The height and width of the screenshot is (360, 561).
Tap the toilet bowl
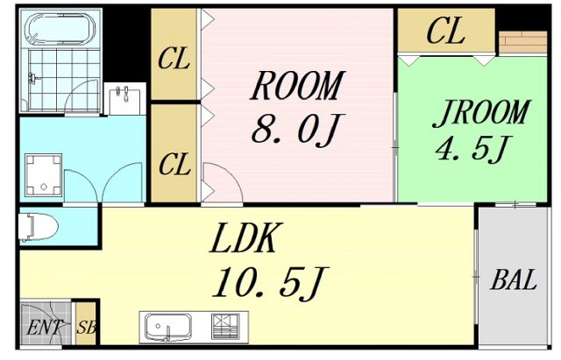tap(38, 226)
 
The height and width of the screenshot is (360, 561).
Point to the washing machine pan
tap(42, 173)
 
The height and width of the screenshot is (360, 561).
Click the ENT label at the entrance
tap(43, 329)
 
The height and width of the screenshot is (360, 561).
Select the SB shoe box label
tap(86, 329)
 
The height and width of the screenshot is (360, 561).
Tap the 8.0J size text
tap(294, 131)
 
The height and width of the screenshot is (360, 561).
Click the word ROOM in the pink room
tap(295, 87)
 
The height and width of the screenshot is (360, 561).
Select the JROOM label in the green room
tap(484, 113)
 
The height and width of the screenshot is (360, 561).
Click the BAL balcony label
tap(513, 281)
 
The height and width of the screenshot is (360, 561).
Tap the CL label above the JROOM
tap(445, 32)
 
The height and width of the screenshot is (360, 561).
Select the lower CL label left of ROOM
tap(174, 163)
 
